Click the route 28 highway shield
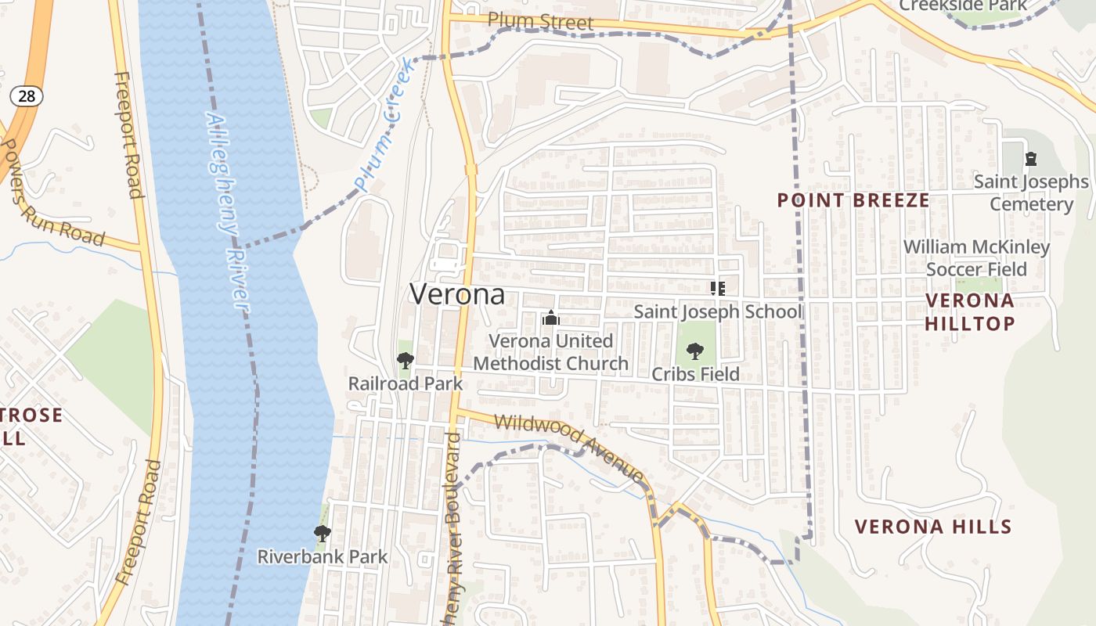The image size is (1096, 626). [x=26, y=96]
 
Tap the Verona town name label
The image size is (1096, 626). [x=457, y=294]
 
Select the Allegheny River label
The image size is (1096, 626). [x=227, y=213]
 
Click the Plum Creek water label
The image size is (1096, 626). [x=385, y=124]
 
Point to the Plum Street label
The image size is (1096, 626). [x=541, y=21]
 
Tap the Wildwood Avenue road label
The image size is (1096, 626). [x=569, y=446]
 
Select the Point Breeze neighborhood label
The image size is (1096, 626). [x=853, y=200]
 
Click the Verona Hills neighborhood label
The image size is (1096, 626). [x=933, y=527]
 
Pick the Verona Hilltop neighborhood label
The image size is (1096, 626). [x=969, y=311]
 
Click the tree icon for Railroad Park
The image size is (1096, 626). [x=405, y=361]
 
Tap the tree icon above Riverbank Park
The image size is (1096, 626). [x=321, y=534]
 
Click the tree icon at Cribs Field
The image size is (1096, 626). [x=694, y=351]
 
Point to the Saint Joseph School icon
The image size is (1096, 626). [x=717, y=289]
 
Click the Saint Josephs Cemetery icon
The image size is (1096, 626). [x=1031, y=159]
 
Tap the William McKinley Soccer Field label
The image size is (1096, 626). [x=976, y=258]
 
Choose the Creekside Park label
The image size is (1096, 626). [x=963, y=5]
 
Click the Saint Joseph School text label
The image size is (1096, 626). [x=718, y=311]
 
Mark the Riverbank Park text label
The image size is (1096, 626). [x=323, y=557]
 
